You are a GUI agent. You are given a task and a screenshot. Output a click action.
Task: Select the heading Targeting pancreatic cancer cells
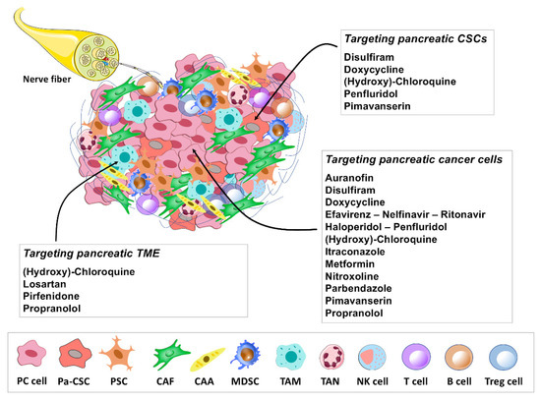[418, 159]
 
